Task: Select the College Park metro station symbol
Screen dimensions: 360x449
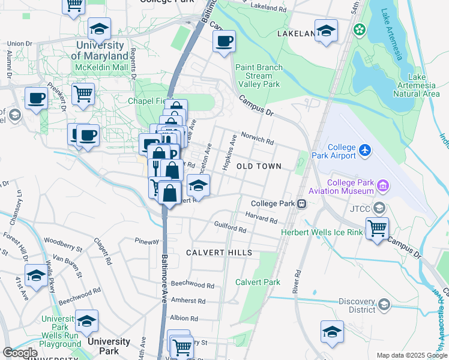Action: pyautogui.click(x=303, y=203)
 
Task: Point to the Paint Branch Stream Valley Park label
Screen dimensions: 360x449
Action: pyautogui.click(x=259, y=76)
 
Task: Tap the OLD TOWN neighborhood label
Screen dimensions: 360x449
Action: pyautogui.click(x=259, y=166)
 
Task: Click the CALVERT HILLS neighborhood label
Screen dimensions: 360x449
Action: pyautogui.click(x=218, y=253)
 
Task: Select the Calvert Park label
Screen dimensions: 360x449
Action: pyautogui.click(x=258, y=282)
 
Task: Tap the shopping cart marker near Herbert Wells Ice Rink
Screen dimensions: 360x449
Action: pyautogui.click(x=377, y=227)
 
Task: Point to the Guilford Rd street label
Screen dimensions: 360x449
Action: pyautogui.click(x=231, y=229)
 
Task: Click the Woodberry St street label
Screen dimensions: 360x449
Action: pyautogui.click(x=63, y=244)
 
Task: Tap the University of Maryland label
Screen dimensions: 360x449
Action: pyautogui.click(x=100, y=51)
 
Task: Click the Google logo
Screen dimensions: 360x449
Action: pyautogui.click(x=19, y=353)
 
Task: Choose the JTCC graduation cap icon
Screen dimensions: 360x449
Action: pyautogui.click(x=379, y=208)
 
